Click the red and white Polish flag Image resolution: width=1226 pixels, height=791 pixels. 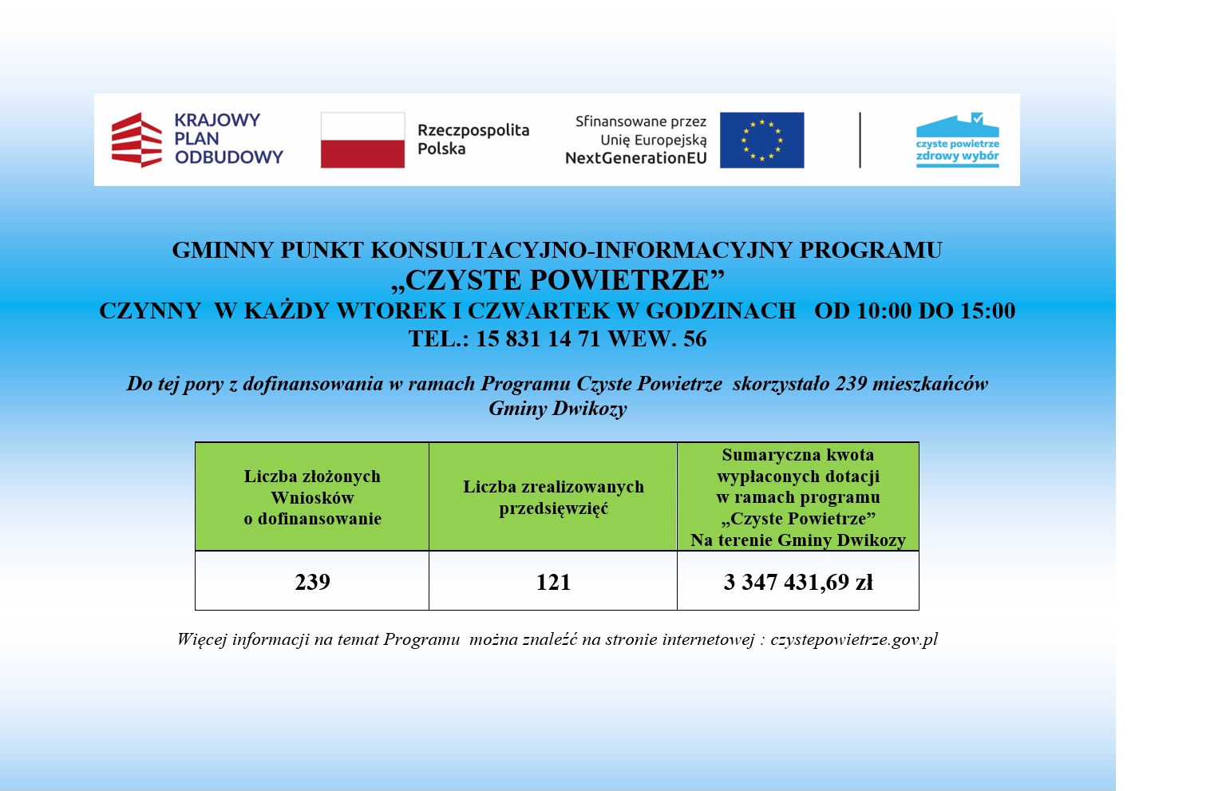click(x=362, y=140)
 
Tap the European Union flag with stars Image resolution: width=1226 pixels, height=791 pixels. click(x=761, y=140)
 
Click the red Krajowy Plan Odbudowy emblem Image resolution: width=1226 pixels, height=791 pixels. click(x=136, y=140)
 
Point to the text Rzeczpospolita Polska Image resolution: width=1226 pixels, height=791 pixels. click(x=473, y=140)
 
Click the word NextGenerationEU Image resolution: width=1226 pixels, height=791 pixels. click(x=635, y=158)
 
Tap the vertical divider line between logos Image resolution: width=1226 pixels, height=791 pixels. click(x=860, y=140)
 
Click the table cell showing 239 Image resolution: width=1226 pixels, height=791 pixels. click(x=312, y=582)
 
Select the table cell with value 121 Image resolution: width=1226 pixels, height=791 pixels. click(x=553, y=582)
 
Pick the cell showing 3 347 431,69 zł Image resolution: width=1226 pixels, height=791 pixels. click(x=798, y=582)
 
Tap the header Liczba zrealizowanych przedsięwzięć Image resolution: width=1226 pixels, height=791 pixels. click(x=553, y=497)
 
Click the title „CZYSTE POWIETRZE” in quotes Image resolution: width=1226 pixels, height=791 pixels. click(x=557, y=280)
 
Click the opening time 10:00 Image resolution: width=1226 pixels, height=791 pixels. click(x=884, y=310)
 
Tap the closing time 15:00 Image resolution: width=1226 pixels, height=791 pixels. click(x=987, y=310)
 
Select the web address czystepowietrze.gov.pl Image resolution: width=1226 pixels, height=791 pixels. click(x=854, y=639)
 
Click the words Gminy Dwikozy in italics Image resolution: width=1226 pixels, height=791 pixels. click(x=557, y=409)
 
